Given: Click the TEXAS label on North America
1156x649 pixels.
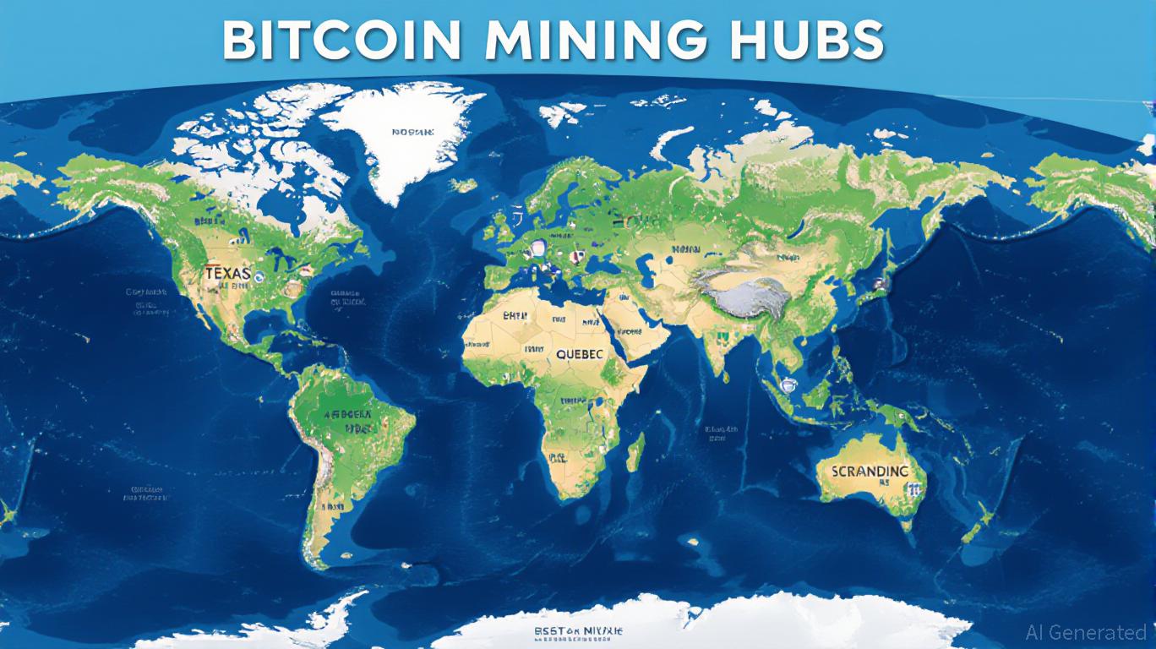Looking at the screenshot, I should click(x=226, y=273).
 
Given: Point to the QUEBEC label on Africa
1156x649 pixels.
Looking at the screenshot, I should click(x=580, y=356).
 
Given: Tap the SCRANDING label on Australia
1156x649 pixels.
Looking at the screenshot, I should click(x=870, y=471).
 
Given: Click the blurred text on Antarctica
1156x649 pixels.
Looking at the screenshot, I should click(x=580, y=632).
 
